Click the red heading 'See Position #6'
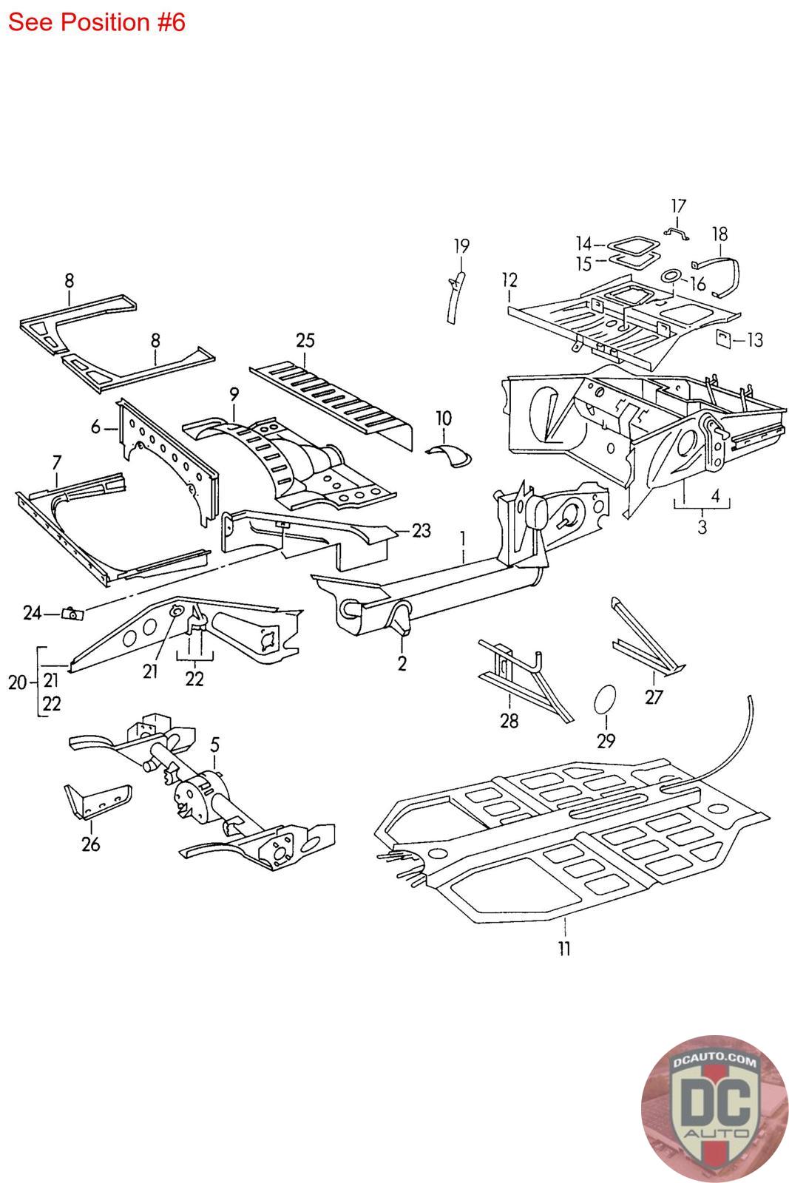click(97, 23)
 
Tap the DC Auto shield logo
click(714, 1108)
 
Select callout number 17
click(678, 206)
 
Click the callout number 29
click(606, 741)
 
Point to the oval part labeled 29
click(605, 699)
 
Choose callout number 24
click(33, 613)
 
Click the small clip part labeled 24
click(73, 614)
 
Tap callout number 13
click(755, 339)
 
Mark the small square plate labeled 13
click(723, 338)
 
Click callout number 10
click(444, 418)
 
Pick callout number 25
click(305, 340)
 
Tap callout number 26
click(90, 844)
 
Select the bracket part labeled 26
click(98, 801)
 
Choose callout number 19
click(461, 245)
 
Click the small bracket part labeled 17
click(677, 233)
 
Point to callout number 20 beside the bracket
click(18, 682)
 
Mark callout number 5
click(214, 745)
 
